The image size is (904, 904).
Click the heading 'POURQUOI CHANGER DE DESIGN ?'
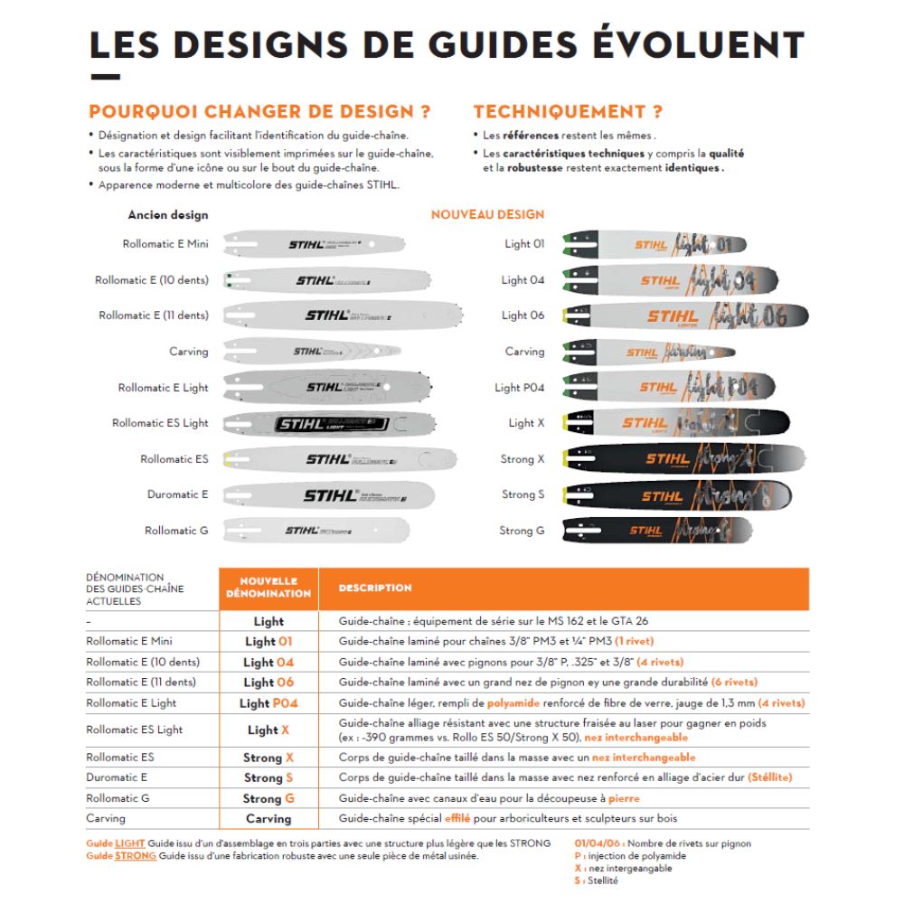tap(259, 112)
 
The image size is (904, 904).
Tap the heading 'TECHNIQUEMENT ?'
tap(568, 112)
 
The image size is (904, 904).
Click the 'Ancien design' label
tap(168, 215)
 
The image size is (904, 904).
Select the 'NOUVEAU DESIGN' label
tap(487, 214)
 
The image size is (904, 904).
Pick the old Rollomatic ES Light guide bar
tap(329, 423)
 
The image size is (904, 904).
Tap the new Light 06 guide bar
tap(684, 315)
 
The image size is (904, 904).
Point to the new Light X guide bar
tap(675, 423)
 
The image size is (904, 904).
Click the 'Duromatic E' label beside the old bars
tap(177, 494)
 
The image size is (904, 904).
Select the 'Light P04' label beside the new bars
tap(519, 388)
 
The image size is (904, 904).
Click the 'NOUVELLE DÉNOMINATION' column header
tap(268, 588)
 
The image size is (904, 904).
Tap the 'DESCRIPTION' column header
tap(375, 588)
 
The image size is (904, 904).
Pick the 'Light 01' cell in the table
tap(268, 641)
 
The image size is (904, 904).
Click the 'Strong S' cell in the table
tap(268, 777)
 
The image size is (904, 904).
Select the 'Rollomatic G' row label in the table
tap(118, 798)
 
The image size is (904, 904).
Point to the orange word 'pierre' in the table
tap(624, 798)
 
